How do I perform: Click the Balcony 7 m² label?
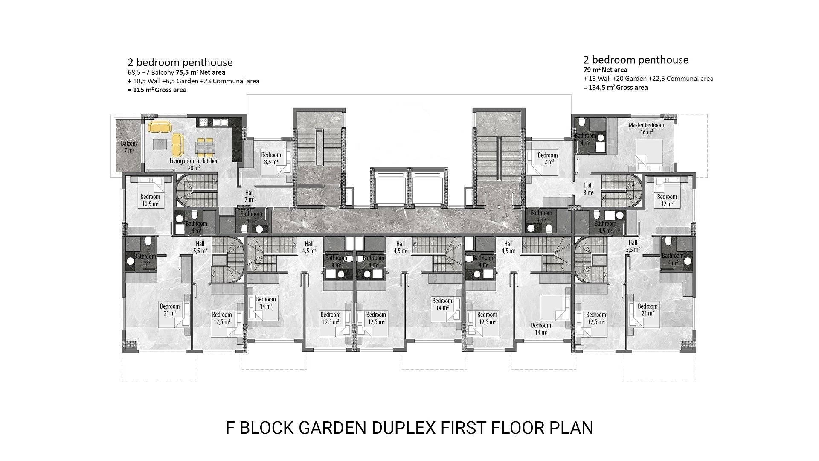[x=129, y=147]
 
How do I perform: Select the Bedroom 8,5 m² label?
[x=271, y=158]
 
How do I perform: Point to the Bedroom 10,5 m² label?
[x=150, y=200]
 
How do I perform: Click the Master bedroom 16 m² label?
[x=646, y=128]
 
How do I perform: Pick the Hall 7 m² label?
[x=250, y=196]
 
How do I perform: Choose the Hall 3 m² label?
[x=588, y=189]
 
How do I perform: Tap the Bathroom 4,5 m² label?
[x=605, y=227]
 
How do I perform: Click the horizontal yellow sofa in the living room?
[x=160, y=127]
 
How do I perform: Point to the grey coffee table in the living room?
[x=160, y=144]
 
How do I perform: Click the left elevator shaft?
[x=389, y=188]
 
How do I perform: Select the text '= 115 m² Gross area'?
[x=157, y=90]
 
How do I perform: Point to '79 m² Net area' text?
[x=605, y=70]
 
